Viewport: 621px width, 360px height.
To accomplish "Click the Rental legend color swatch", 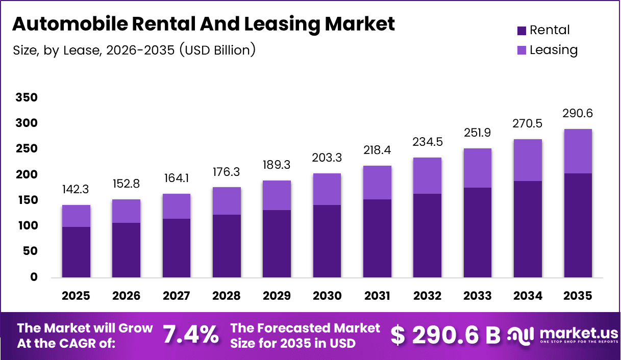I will (x=521, y=31).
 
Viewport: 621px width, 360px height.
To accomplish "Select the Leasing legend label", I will (x=554, y=50).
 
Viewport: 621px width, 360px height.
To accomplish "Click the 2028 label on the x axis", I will (x=227, y=296).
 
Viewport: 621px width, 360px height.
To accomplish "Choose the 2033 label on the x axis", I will (x=478, y=296).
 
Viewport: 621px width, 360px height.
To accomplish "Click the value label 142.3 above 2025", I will (x=76, y=190).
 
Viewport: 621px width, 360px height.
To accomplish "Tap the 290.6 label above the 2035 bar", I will (x=578, y=113).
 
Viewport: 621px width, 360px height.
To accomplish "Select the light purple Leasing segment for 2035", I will (x=578, y=151).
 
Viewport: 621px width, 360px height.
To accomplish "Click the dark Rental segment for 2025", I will (x=76, y=252).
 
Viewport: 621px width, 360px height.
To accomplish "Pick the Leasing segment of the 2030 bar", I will (x=327, y=189).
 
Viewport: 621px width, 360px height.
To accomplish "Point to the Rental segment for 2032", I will (x=428, y=236).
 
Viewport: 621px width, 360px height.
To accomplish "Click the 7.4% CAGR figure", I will (x=190, y=335).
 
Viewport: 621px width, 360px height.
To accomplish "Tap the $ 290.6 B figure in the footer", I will (x=445, y=335).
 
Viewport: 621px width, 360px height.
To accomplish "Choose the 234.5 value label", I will (x=428, y=142).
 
